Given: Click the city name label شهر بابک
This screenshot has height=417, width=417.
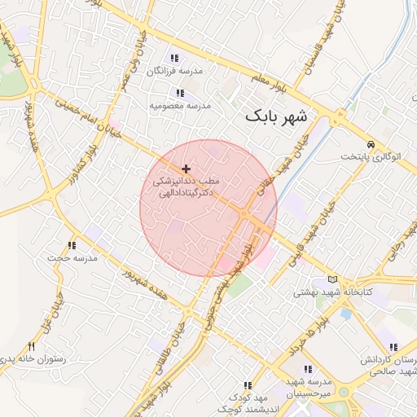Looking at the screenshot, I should pos(277,116).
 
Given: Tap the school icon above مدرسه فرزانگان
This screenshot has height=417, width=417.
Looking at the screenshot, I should pos(173,58).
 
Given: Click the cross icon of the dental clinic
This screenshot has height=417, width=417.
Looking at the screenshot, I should pos(187,169).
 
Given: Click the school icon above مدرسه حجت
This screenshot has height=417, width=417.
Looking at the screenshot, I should pos(72,245).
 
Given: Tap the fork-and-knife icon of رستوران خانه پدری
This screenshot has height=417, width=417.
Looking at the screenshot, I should pos(32,346).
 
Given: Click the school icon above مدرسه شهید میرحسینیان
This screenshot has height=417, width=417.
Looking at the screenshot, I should pos(308,369).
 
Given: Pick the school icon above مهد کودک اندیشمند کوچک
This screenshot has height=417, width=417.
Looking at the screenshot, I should pos(248,385).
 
